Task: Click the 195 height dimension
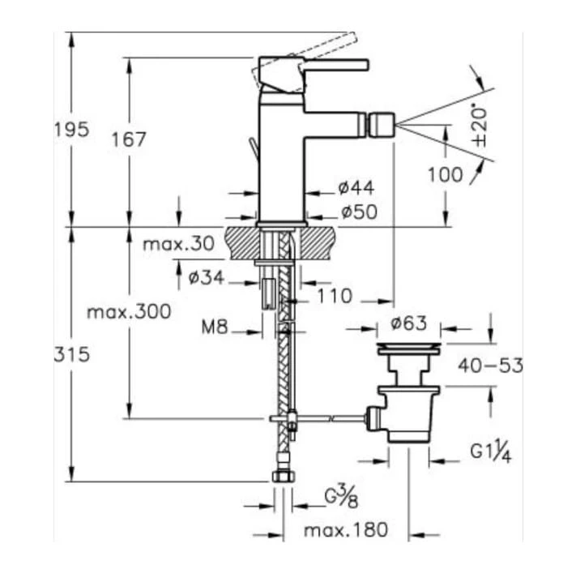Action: [x=71, y=130]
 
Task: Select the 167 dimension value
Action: [x=130, y=139]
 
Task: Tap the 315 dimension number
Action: [x=71, y=355]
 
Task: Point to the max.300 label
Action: [x=130, y=311]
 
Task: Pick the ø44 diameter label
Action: [x=356, y=189]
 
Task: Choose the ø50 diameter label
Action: [x=356, y=212]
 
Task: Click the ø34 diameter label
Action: [x=206, y=278]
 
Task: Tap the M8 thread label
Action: [x=215, y=328]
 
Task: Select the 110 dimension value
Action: [x=334, y=297]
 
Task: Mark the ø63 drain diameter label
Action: [x=408, y=323]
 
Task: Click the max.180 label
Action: [x=346, y=531]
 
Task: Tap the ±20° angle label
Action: [x=480, y=123]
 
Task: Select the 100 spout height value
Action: [x=446, y=174]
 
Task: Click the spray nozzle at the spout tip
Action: [x=379, y=125]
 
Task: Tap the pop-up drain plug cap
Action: [x=409, y=349]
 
